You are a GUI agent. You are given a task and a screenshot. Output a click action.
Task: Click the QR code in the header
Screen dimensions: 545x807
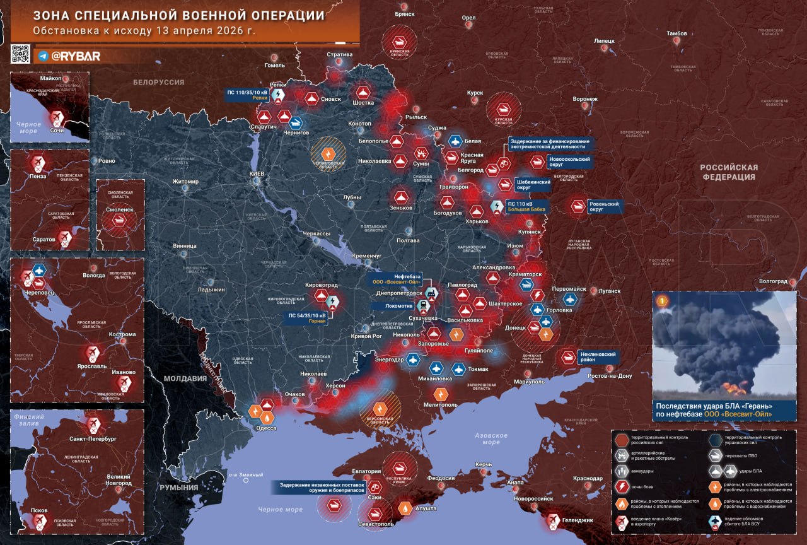pos(20,54)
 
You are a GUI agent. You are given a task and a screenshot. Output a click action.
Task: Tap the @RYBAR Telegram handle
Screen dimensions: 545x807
pos(75,56)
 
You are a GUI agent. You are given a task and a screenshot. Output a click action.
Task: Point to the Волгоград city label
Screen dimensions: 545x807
pos(774,281)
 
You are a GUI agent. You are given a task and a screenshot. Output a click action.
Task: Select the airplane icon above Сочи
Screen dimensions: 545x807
pos(57,117)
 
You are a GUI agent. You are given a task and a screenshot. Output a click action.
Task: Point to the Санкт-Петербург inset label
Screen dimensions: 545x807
pos(93,438)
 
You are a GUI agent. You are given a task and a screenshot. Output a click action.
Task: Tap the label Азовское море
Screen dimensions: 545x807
pos(491,439)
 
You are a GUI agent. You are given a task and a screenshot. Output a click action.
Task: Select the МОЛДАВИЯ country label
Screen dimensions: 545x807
pos(185,378)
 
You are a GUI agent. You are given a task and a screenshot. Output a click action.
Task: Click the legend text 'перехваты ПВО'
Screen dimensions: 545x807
pos(748,454)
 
